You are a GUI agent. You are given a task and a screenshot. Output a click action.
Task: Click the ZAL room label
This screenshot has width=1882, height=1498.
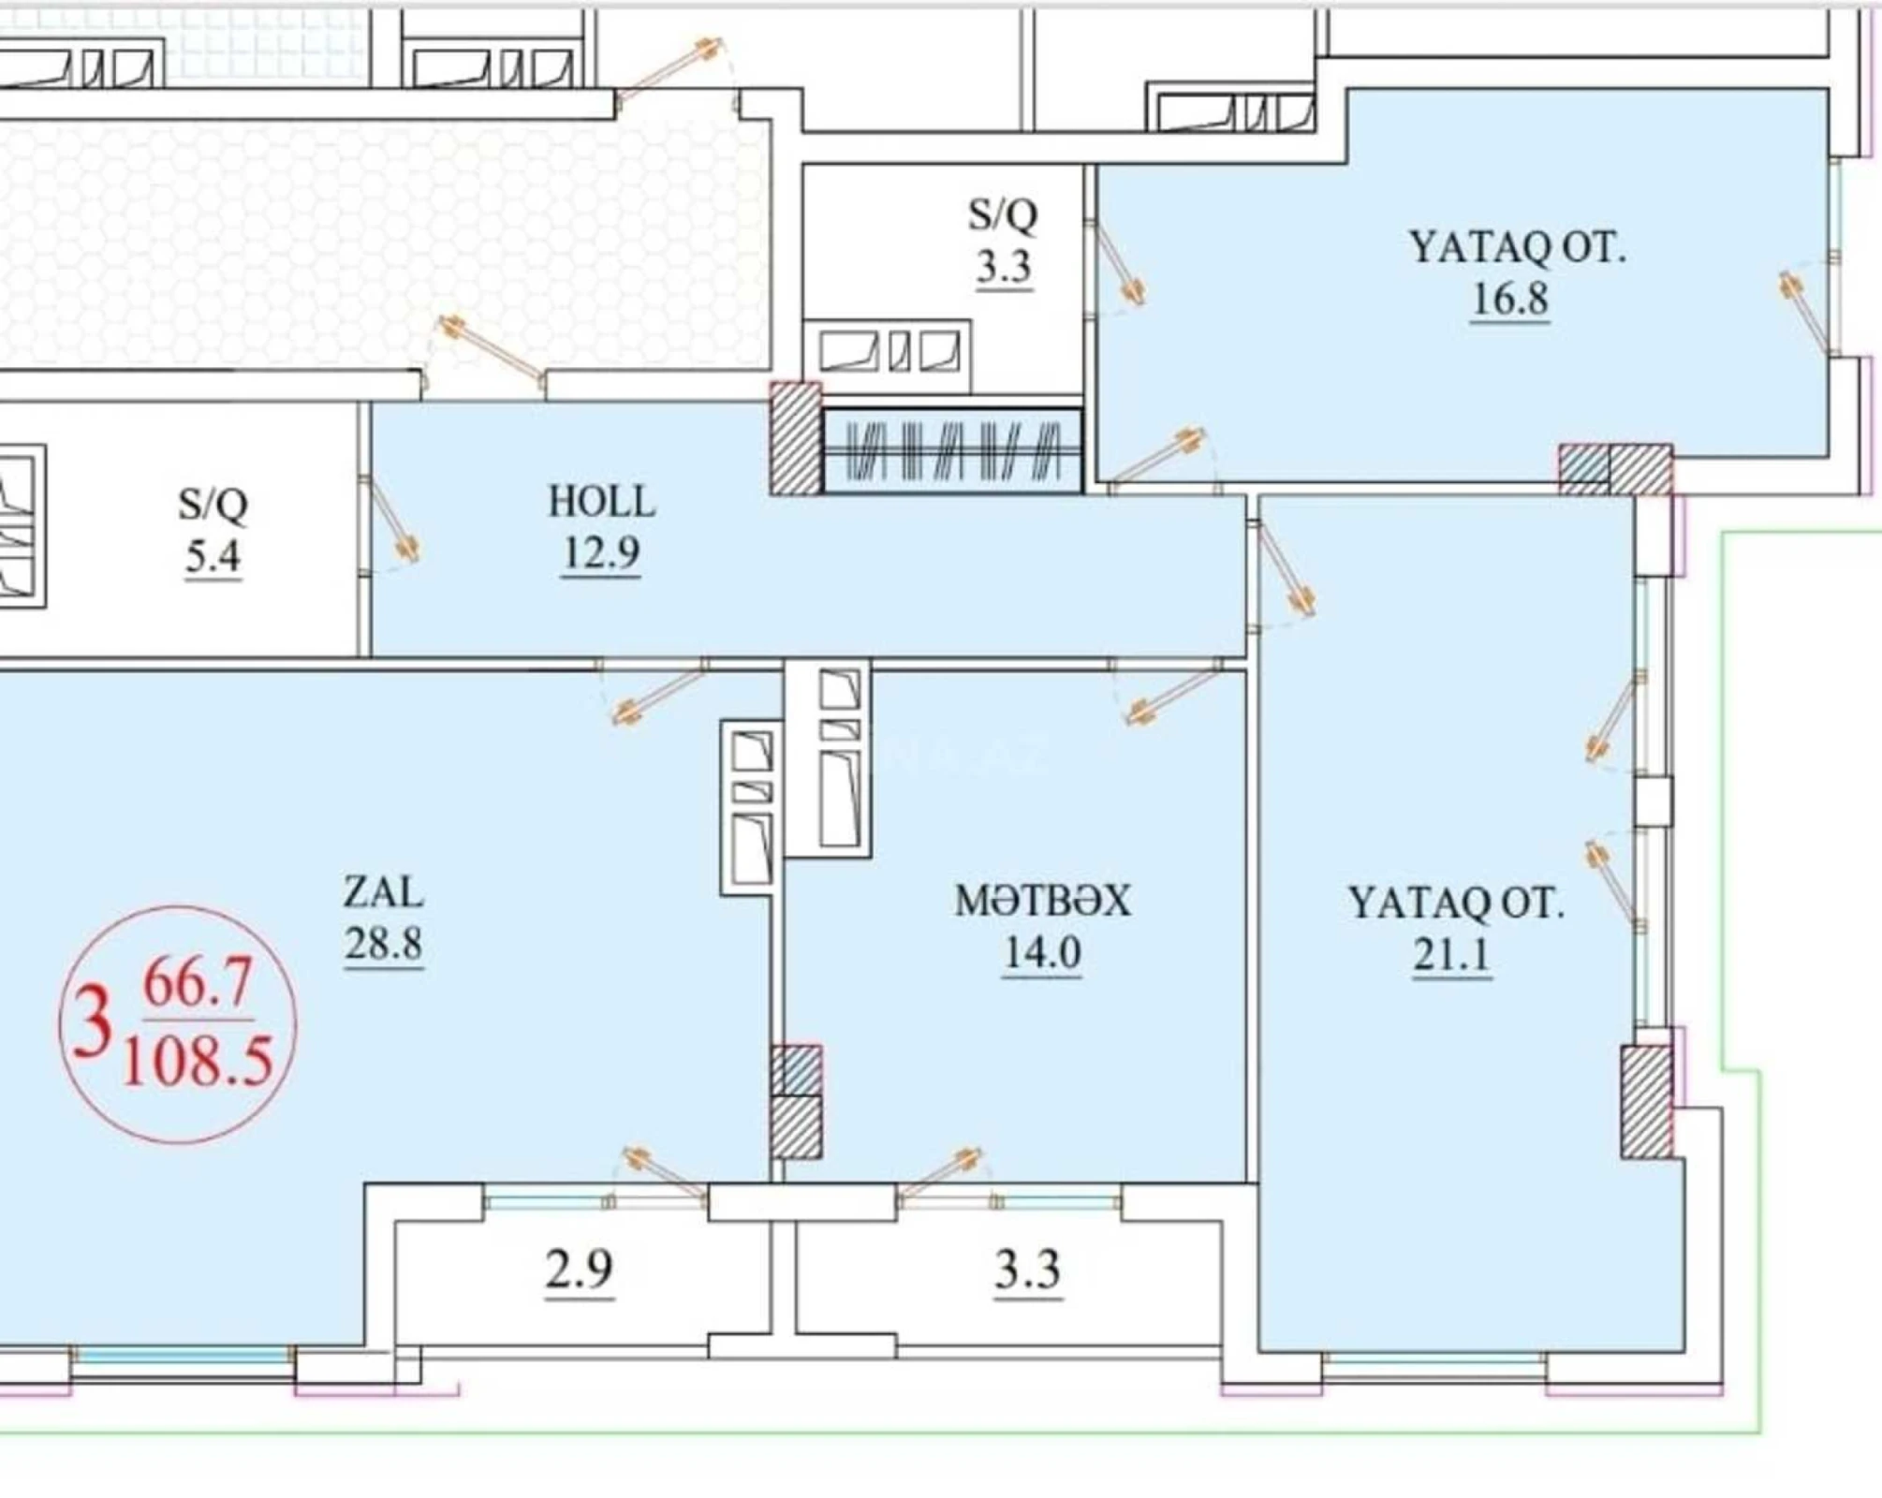pos(383,891)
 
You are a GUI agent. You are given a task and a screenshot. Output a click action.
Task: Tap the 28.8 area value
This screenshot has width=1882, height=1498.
pos(383,944)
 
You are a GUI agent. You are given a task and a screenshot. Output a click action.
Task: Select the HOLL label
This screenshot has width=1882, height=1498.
pos(601,502)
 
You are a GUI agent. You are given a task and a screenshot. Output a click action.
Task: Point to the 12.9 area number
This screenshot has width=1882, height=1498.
pos(601,552)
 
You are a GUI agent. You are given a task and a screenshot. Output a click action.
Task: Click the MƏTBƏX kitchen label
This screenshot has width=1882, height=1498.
pos(1042,901)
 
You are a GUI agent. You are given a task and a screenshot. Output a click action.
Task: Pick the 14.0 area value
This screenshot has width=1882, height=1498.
pos(1042,953)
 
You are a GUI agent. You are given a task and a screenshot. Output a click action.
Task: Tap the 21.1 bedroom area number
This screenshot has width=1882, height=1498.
pos(1451,955)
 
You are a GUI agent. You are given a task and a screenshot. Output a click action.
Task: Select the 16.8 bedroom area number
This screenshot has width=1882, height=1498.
pos(1509,300)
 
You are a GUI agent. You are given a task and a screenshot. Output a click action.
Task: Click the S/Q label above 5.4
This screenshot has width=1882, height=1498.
pos(213,505)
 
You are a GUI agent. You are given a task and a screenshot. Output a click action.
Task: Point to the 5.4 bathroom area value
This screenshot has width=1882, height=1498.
pos(213,557)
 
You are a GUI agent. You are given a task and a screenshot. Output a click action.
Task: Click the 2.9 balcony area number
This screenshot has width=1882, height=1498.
pos(580,1270)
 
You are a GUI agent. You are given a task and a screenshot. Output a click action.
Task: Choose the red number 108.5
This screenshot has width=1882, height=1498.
pos(198,1062)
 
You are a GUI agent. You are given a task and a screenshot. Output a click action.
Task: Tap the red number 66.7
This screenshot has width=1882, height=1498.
pos(198,984)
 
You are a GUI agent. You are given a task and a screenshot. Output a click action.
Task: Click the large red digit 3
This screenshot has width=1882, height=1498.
pos(92,1024)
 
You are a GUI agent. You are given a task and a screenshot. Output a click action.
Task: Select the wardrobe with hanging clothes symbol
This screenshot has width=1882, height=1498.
pos(952,450)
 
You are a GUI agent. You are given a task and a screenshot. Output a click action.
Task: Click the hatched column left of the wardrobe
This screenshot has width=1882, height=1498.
pos(795,438)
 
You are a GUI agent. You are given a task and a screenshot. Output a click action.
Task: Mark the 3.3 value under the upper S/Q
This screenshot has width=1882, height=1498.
pos(1004,267)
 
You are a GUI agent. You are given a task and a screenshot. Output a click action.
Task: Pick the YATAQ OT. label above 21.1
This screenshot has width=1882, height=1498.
pos(1456,903)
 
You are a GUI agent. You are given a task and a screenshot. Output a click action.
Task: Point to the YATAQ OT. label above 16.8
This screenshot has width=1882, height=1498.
pos(1517,248)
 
